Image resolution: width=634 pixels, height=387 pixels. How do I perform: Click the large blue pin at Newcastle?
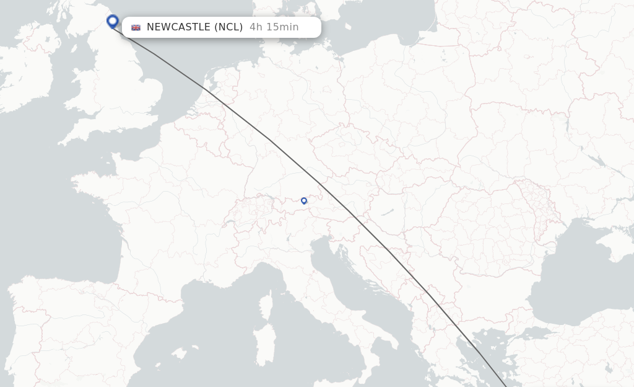point(112,21)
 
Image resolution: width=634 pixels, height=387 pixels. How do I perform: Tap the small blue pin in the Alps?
point(304,200)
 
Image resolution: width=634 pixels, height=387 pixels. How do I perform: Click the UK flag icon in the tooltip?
point(136,27)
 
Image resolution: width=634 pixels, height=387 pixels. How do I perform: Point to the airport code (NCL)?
point(228,27)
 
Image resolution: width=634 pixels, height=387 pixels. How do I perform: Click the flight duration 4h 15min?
point(274,27)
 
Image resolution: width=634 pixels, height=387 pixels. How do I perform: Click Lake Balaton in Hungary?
point(388,212)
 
